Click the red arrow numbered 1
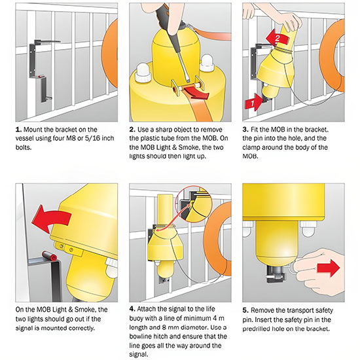pyautogui.click(x=254, y=102)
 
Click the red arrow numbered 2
pyautogui.click(x=278, y=37)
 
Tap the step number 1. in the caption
pyautogui.click(x=18, y=130)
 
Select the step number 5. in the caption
pyautogui.click(x=245, y=310)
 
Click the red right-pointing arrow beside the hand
pyautogui.click(x=328, y=268)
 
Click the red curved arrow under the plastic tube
pyautogui.click(x=196, y=92)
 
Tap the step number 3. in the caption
pyautogui.click(x=245, y=130)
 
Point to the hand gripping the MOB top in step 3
pyautogui.click(x=289, y=22)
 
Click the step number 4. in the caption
pyautogui.click(x=132, y=309)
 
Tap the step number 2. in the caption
pyautogui.click(x=132, y=130)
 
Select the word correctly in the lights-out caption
pyautogui.click(x=82, y=328)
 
